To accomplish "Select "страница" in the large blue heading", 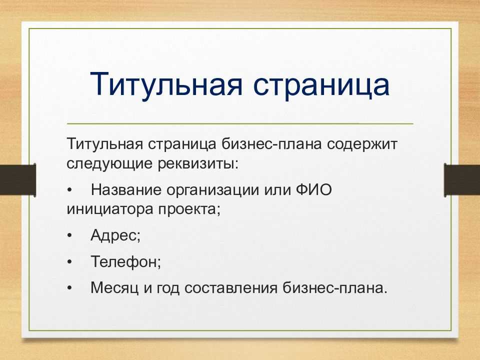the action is [x=321, y=87].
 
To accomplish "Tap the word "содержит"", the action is [x=362, y=144].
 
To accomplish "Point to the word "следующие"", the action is [x=109, y=163].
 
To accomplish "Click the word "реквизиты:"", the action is [x=198, y=164].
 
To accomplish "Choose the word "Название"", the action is [x=126, y=190].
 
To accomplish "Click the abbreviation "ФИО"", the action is [x=314, y=190].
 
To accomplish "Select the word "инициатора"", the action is [x=109, y=209].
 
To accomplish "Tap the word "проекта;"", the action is [x=189, y=210].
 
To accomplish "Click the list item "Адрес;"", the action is [x=115, y=235].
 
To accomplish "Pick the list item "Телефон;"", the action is [x=126, y=261].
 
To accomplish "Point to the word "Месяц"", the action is [x=114, y=288].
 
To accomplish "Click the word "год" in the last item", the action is [x=168, y=288].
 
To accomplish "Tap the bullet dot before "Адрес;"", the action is [x=70, y=235].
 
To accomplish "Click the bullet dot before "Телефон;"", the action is [x=70, y=261].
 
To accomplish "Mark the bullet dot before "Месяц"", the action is [x=70, y=288].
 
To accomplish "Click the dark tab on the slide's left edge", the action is [x=18, y=179].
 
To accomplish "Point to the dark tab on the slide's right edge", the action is [x=462, y=179].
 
